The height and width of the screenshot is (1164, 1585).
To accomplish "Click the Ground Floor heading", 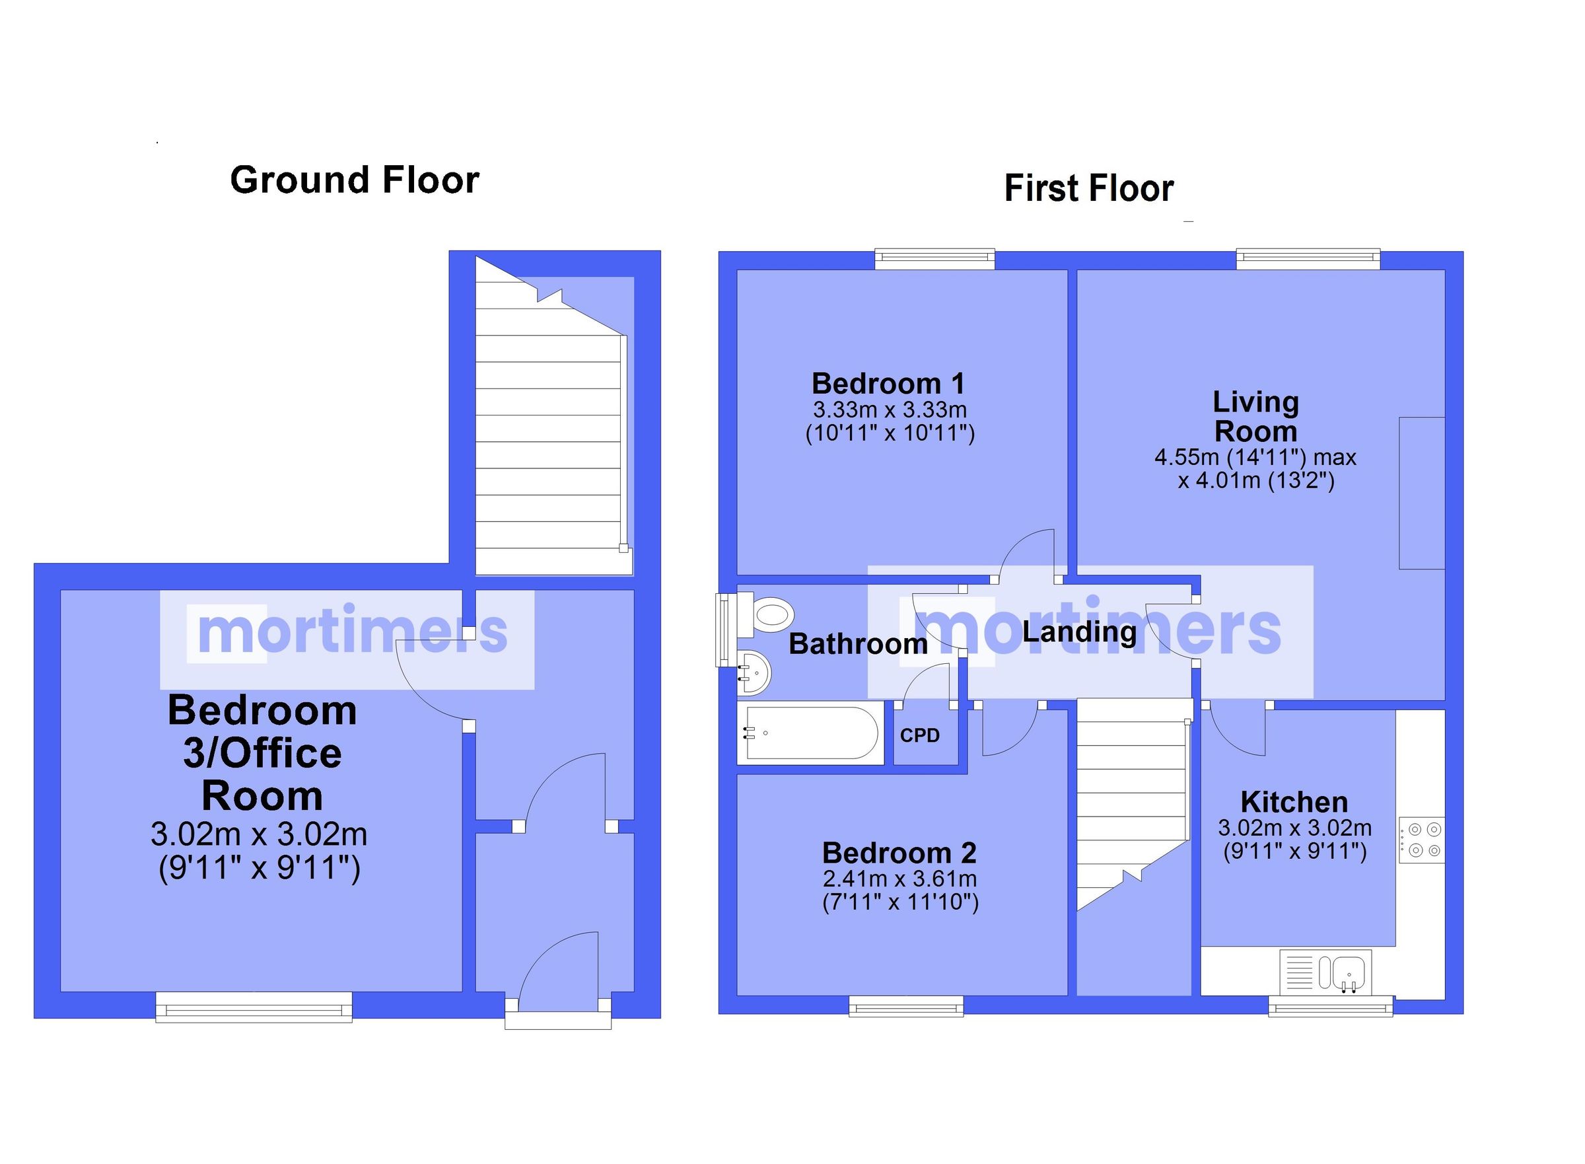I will coord(355,180).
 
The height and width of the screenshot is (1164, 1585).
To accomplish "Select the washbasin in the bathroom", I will coord(755,671).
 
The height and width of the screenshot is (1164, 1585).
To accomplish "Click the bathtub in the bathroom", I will coord(810,733).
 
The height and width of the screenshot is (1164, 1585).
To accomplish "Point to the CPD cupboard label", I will coord(919,736).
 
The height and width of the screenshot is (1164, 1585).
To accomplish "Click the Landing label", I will coord(1078,632).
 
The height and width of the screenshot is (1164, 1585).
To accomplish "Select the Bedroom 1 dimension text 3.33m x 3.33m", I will coord(889,410).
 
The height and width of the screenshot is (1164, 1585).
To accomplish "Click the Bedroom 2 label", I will coord(899,854).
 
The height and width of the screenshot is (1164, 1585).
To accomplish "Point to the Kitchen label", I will coord(1293,802).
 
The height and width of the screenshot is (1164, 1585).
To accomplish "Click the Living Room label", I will coord(1255,416).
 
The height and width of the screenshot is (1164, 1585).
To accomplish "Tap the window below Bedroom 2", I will coord(905,1006).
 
